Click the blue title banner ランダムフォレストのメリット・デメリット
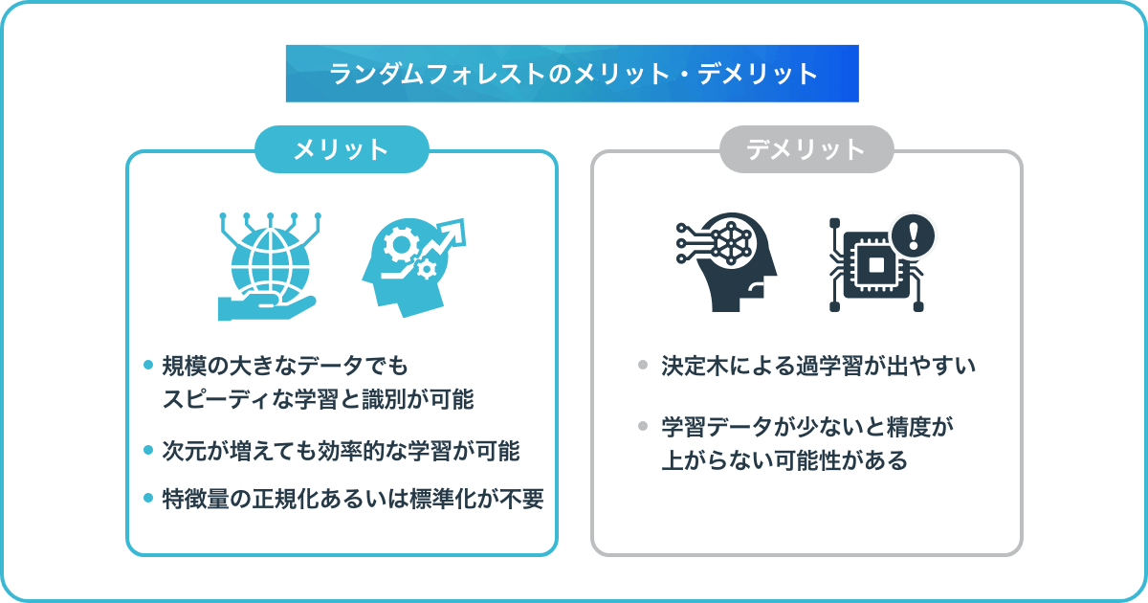(572, 74)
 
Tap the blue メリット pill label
(342, 149)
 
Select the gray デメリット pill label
(806, 149)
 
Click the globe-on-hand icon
(270, 266)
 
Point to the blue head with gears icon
(413, 268)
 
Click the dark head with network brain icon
(726, 262)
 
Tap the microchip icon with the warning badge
(881, 262)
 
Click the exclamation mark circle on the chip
(913, 235)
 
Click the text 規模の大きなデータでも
(285, 366)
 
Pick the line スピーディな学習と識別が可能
(318, 399)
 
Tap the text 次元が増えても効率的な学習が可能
(341, 451)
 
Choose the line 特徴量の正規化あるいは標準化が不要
(353, 499)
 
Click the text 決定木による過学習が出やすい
(818, 366)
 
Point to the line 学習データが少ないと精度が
(806, 427)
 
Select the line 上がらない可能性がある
(784, 460)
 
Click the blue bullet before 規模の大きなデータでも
(148, 365)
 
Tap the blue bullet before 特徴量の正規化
(148, 498)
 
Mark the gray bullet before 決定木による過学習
(643, 365)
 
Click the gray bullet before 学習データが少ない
(643, 426)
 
